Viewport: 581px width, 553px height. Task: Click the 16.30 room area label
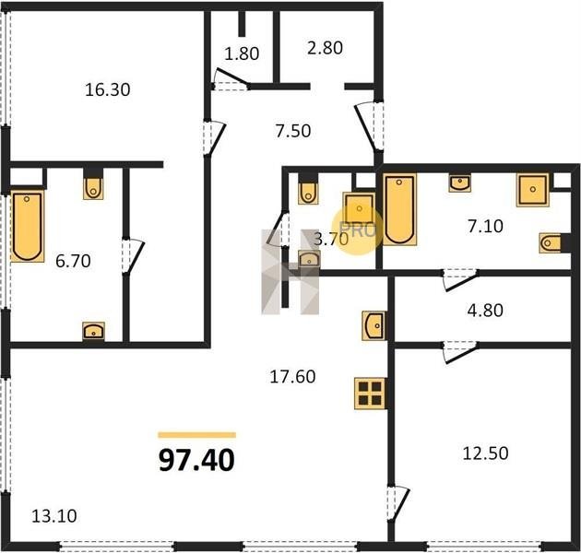point(108,90)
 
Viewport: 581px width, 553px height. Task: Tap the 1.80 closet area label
point(242,54)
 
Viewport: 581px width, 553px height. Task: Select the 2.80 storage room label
point(325,48)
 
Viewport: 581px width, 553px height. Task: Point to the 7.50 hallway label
point(293,131)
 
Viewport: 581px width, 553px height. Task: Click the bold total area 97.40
point(196,461)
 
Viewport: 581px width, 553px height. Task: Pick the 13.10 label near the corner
point(54,516)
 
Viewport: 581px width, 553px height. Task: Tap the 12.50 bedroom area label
point(485,453)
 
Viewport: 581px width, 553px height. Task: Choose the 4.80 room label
point(485,311)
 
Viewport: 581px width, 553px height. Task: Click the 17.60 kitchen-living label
point(292,377)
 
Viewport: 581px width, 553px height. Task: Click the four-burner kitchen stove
point(370,394)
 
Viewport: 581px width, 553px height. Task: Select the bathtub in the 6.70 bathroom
point(27,227)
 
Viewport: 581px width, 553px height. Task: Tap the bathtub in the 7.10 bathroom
point(399,209)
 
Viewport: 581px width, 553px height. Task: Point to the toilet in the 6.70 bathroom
point(93,187)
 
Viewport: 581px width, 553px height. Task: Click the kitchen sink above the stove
point(373,326)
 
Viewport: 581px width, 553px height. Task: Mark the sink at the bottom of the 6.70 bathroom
point(93,331)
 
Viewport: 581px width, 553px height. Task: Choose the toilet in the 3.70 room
point(308,191)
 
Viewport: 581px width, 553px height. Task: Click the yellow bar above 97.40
point(197,435)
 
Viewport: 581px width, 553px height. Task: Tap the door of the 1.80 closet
point(232,78)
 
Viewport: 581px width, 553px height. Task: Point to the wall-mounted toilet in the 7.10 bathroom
point(551,243)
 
